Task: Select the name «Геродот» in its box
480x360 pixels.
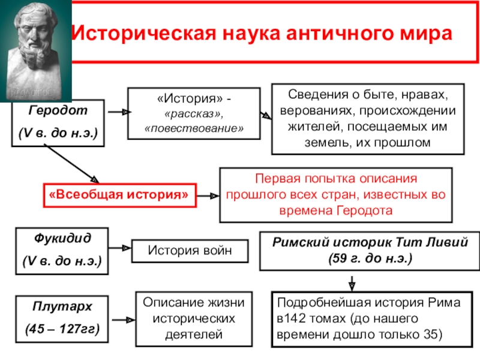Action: pyautogui.click(x=58, y=111)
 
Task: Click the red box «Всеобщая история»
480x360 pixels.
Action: pyautogui.click(x=118, y=194)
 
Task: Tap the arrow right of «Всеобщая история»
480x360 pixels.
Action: pyautogui.click(x=208, y=195)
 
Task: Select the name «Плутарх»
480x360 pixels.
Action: pyautogui.click(x=58, y=307)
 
